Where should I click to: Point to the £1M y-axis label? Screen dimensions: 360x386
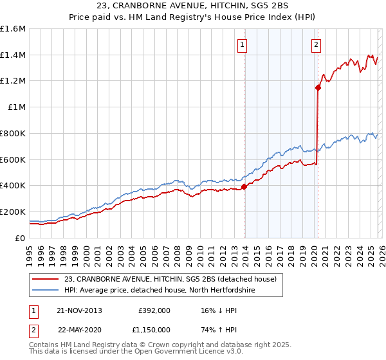coord(16,107)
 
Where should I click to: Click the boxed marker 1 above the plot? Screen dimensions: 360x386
coord(243,45)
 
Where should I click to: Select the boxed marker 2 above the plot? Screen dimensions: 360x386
coord(317,45)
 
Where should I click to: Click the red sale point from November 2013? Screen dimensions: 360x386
coord(244,187)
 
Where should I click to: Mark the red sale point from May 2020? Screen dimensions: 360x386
coord(318,88)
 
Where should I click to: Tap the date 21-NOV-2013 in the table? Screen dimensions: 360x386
coord(80,310)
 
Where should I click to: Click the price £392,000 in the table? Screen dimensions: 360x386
coord(154,310)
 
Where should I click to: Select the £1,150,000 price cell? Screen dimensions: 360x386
coord(154,329)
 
